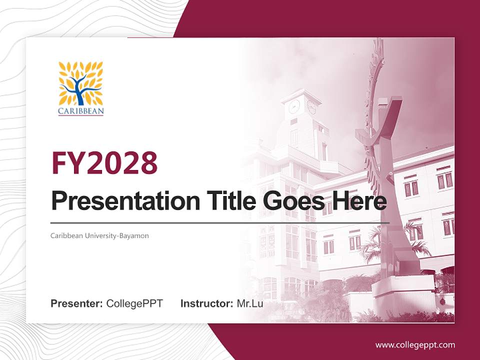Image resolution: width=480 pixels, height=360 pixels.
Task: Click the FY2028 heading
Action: coord(104,163)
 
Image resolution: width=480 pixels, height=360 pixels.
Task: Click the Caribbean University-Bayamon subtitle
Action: coord(99,235)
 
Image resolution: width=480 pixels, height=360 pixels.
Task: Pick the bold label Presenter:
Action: coord(77,303)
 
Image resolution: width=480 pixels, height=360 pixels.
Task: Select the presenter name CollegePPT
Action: coord(134,303)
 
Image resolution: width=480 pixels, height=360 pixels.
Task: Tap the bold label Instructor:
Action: coord(206,303)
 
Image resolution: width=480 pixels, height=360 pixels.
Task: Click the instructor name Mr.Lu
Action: coord(249,303)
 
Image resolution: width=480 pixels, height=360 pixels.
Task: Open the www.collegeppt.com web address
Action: coord(415,345)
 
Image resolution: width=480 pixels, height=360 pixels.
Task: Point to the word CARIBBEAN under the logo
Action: coord(80,111)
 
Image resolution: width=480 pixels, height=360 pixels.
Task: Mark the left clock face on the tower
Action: coord(294,106)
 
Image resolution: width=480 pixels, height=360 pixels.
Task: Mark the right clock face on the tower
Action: coord(311,106)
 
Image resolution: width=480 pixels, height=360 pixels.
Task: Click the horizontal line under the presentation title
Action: coord(220,222)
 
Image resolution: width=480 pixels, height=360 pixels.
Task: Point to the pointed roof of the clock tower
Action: coord(301,93)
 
